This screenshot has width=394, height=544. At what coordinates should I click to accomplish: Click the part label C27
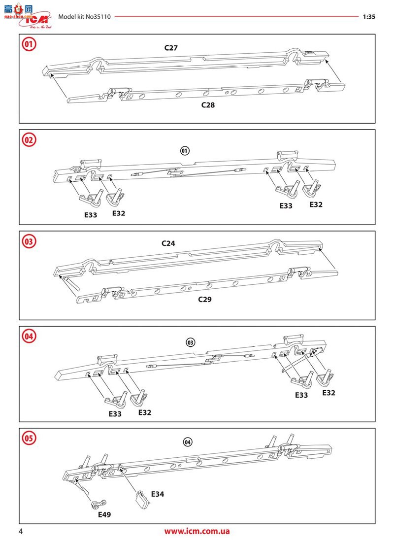pyautogui.click(x=171, y=48)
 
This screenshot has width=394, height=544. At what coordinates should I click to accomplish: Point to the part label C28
pyautogui.click(x=208, y=105)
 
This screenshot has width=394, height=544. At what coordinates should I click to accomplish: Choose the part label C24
pyautogui.click(x=168, y=243)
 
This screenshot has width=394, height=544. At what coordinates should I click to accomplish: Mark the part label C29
pyautogui.click(x=204, y=299)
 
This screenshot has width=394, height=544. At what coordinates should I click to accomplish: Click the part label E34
pyautogui.click(x=158, y=494)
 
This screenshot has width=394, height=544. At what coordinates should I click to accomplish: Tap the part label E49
pyautogui.click(x=104, y=514)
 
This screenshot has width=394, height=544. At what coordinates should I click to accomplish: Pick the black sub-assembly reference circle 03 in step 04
pyautogui.click(x=191, y=342)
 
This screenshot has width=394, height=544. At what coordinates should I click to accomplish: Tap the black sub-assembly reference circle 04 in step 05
pyautogui.click(x=187, y=442)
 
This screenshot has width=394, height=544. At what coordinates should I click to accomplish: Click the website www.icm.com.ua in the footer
pyautogui.click(x=197, y=532)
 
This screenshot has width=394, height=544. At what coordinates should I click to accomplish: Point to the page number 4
pyautogui.click(x=21, y=531)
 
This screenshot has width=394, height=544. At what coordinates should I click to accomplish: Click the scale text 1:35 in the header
pyautogui.click(x=369, y=16)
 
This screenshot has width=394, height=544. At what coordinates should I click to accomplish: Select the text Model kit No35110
pyautogui.click(x=84, y=16)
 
